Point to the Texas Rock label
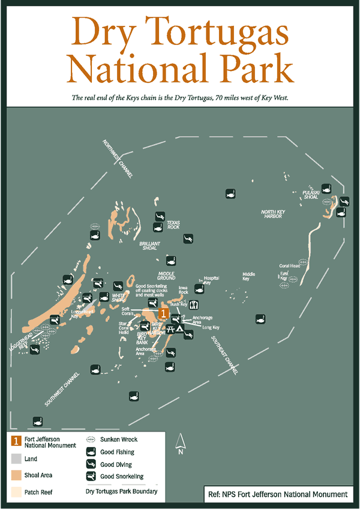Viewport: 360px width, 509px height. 173,225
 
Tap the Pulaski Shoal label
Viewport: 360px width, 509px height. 311,194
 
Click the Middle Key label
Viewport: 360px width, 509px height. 248,276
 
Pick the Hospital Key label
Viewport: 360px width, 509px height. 211,280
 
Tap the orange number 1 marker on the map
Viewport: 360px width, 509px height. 162,313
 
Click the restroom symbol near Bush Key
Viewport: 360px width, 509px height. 193,306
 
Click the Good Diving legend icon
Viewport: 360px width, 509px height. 91,465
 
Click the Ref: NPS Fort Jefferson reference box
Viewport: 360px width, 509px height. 277,494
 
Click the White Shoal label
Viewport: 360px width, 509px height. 119,298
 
